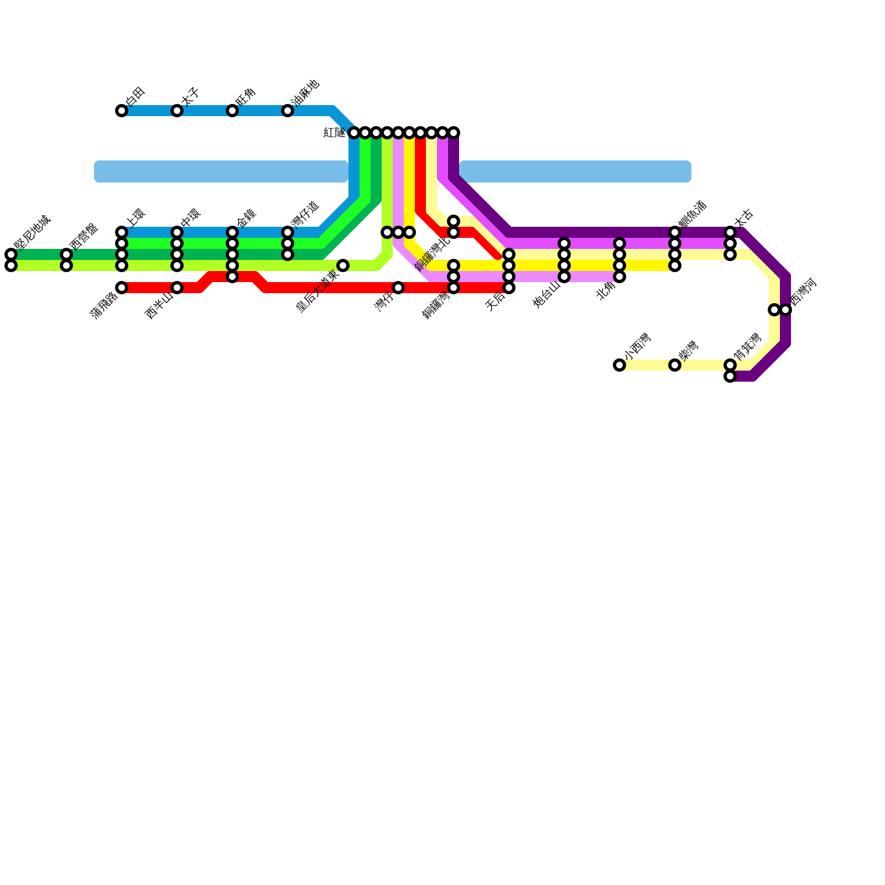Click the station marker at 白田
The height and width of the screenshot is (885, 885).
pyautogui.click(x=122, y=111)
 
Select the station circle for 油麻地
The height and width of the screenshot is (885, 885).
pyautogui.click(x=288, y=111)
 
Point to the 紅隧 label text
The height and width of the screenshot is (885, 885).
pyautogui.click(x=334, y=133)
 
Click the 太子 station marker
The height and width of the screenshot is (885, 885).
pyautogui.click(x=177, y=111)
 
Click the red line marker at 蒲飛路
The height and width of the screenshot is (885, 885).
pyautogui.click(x=122, y=288)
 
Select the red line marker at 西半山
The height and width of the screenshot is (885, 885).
pyautogui.click(x=177, y=288)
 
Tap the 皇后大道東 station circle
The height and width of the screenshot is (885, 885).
pyautogui.click(x=343, y=265)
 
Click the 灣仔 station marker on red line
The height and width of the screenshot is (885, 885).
pyautogui.click(x=398, y=288)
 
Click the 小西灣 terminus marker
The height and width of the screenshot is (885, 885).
pyautogui.click(x=619, y=365)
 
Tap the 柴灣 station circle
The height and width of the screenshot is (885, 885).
pyautogui.click(x=675, y=365)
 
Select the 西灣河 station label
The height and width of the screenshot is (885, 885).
pyautogui.click(x=803, y=291)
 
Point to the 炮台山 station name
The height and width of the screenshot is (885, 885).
pyautogui.click(x=547, y=295)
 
